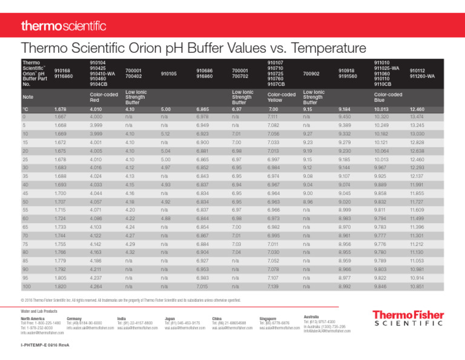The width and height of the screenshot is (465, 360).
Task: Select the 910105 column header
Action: (169, 74)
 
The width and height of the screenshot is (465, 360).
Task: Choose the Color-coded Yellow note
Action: (280, 97)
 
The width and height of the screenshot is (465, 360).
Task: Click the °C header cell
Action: (25, 109)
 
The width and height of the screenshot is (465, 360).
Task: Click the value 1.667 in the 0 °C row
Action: (61, 116)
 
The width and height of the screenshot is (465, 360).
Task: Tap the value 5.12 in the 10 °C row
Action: (166, 132)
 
